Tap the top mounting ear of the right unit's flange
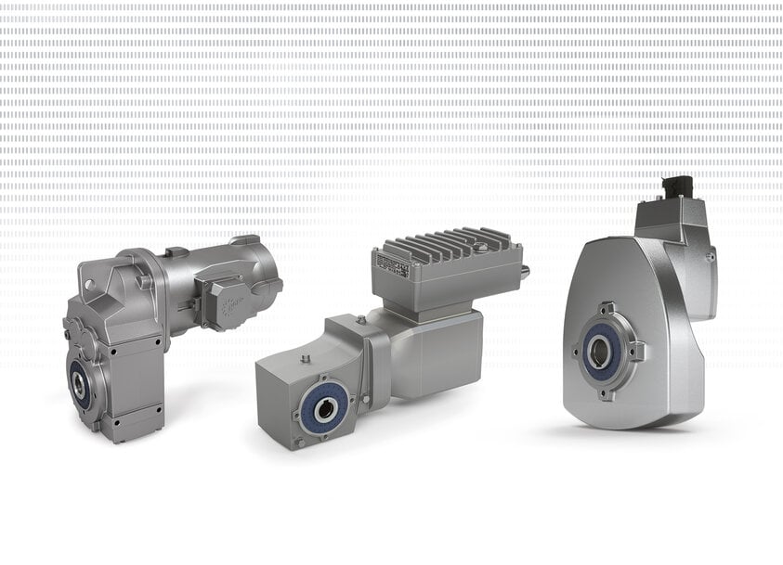pyautogui.click(x=605, y=308)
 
